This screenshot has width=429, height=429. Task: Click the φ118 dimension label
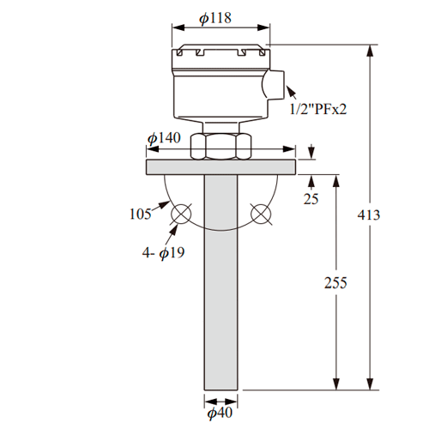(x=215, y=18)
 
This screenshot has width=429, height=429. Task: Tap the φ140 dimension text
(x=164, y=138)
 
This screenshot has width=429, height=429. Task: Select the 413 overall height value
(x=369, y=214)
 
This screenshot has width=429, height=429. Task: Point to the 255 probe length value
(x=335, y=282)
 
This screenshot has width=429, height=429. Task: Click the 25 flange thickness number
(x=311, y=199)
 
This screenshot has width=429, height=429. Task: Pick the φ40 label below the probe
(x=220, y=413)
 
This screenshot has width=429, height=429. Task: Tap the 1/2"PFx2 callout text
(x=318, y=109)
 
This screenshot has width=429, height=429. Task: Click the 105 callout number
(x=140, y=214)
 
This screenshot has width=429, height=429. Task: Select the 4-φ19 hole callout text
(x=163, y=253)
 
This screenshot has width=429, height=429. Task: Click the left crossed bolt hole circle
(x=181, y=214)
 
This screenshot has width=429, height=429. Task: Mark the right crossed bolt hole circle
(x=261, y=214)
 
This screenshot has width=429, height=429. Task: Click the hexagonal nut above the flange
(x=221, y=147)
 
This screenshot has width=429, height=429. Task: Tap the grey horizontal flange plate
(x=221, y=167)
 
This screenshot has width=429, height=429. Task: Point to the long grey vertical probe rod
(x=221, y=282)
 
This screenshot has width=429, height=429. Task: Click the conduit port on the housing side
(x=273, y=85)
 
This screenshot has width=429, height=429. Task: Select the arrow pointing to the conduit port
(x=292, y=92)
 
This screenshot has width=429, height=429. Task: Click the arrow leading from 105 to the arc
(x=160, y=206)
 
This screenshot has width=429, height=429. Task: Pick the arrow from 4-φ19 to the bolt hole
(x=172, y=235)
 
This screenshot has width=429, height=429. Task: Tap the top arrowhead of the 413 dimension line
(x=370, y=51)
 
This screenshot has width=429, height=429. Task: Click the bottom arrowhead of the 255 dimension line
(x=336, y=383)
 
